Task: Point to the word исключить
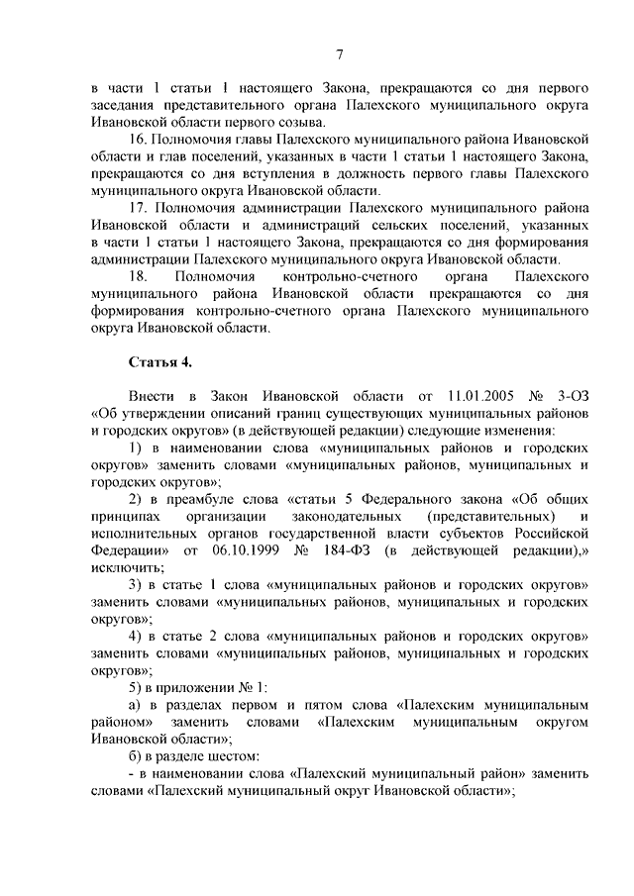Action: click(x=125, y=567)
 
